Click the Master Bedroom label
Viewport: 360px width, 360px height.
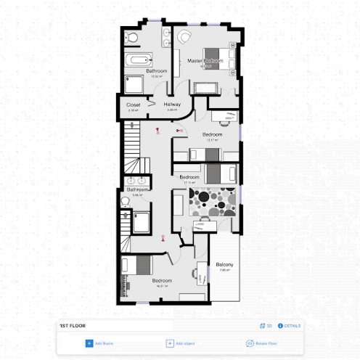pyautogui.click(x=202, y=60)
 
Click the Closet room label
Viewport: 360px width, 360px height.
pyautogui.click(x=133, y=105)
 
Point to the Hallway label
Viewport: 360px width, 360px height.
pyautogui.click(x=172, y=105)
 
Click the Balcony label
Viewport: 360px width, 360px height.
pyautogui.click(x=224, y=265)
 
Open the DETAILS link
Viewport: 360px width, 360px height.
pyautogui.click(x=290, y=327)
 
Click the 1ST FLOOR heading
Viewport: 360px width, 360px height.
pyautogui.click(x=73, y=327)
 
